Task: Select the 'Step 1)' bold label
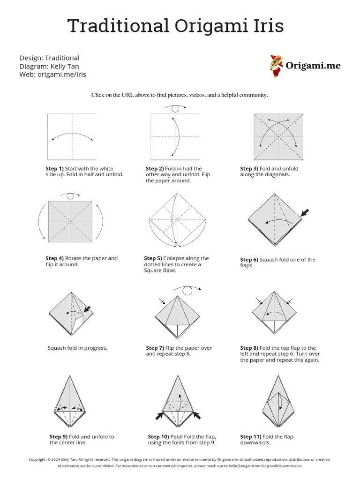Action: pyautogui.click(x=54, y=169)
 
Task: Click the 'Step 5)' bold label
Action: pyautogui.click(x=153, y=258)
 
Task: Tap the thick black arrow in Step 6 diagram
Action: pyautogui.click(x=305, y=213)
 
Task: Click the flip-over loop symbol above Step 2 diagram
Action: pyautogui.click(x=175, y=108)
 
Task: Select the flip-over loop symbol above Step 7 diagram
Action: pyautogui.click(x=188, y=290)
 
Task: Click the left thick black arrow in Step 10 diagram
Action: pyautogui.click(x=160, y=415)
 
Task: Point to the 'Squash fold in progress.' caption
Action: pyautogui.click(x=77, y=348)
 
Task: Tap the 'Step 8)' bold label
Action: pyautogui.click(x=249, y=348)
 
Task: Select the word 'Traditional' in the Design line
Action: pyautogui.click(x=62, y=58)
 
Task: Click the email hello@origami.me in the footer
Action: pyautogui.click(x=242, y=466)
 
